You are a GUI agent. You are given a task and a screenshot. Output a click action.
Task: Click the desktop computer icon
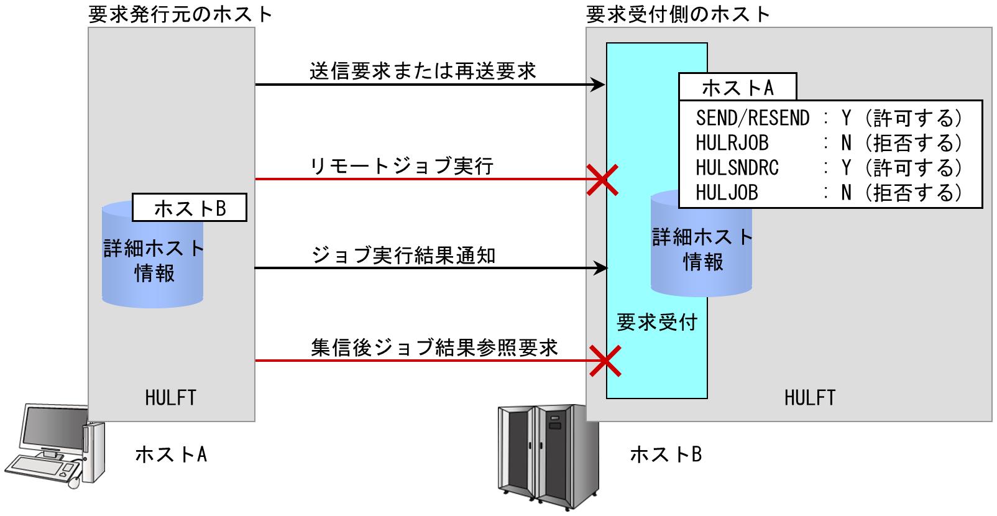click(x=53, y=444)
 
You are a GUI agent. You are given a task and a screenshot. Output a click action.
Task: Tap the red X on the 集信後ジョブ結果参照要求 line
click(x=605, y=361)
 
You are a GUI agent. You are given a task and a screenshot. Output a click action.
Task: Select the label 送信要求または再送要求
click(x=423, y=71)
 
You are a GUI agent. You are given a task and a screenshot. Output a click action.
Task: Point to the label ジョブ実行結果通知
click(x=403, y=256)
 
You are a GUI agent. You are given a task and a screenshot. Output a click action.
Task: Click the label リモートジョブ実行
click(x=402, y=166)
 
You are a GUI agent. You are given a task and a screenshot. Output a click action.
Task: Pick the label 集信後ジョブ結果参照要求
click(x=434, y=347)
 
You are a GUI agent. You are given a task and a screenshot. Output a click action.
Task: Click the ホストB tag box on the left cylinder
click(x=190, y=208)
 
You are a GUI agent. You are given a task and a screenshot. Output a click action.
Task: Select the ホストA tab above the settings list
click(x=737, y=88)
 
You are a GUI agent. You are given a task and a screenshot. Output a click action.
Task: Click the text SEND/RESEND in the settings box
click(x=752, y=118)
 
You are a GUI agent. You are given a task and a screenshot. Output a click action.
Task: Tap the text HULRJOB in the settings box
click(x=732, y=143)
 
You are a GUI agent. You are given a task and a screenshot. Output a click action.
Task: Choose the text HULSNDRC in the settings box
click(x=737, y=168)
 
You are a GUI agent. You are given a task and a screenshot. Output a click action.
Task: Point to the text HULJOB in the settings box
click(x=727, y=193)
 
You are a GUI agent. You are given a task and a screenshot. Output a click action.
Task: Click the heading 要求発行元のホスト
click(x=180, y=14)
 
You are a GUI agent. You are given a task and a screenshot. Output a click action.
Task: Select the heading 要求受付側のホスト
click(x=678, y=14)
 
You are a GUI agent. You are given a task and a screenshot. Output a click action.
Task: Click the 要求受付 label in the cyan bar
click(x=656, y=322)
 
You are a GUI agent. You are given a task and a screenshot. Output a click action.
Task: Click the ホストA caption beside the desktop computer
click(x=171, y=454)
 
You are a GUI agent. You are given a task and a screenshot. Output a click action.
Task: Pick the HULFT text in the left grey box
click(x=170, y=397)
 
